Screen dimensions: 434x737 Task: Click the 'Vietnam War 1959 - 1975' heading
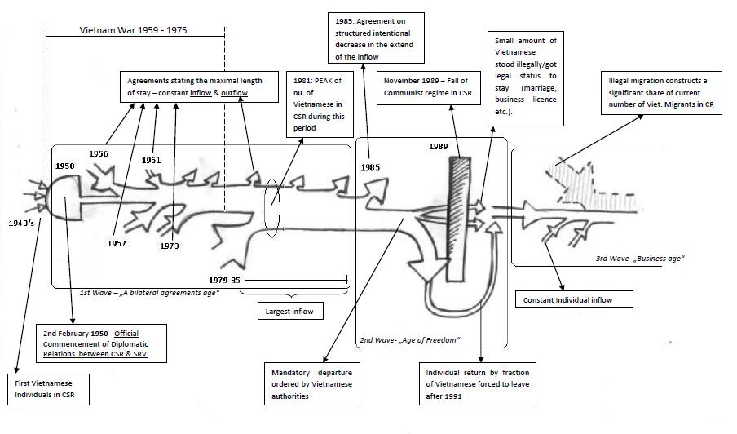133,30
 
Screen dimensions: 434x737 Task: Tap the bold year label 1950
66,166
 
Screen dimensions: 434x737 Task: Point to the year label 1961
151,160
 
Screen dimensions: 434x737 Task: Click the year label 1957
119,243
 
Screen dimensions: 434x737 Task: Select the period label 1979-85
225,280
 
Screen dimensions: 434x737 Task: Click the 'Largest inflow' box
290,311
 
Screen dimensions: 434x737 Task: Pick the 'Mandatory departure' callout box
312,384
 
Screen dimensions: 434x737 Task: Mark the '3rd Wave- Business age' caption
639,259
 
